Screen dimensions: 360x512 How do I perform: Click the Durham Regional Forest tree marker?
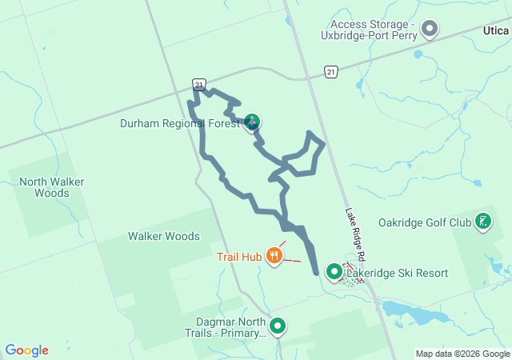[x=252, y=122]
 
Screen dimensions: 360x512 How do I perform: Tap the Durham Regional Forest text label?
[x=180, y=123]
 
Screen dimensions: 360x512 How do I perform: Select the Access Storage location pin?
[x=430, y=30]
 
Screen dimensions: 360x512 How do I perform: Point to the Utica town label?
[x=495, y=30]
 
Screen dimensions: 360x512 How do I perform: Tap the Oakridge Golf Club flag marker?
[x=483, y=221]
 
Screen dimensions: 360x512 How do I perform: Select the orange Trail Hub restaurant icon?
[x=274, y=256]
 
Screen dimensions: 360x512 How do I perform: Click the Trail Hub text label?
[x=240, y=257]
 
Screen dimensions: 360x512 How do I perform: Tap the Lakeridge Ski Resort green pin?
[x=334, y=273]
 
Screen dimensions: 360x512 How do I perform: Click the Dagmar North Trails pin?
[x=278, y=326]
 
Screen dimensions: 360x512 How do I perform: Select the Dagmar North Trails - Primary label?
[x=224, y=327]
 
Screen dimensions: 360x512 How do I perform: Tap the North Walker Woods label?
[x=52, y=187]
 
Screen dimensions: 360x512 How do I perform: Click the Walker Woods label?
[x=164, y=236]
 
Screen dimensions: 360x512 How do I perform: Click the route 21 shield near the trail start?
[x=198, y=84]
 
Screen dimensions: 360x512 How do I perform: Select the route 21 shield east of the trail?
[x=331, y=72]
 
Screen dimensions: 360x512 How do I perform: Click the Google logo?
[x=27, y=350]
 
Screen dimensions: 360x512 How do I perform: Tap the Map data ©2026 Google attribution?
[x=462, y=354]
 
